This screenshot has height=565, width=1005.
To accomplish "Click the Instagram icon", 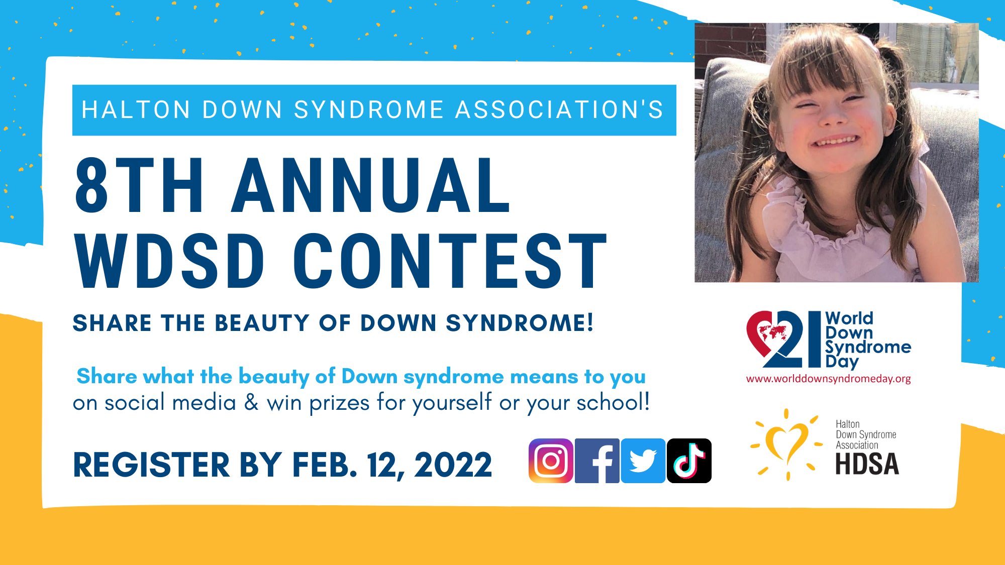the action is [x=551, y=461].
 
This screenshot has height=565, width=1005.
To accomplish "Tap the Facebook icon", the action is [x=597, y=461].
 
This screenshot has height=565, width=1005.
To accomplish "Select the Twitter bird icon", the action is [x=643, y=461].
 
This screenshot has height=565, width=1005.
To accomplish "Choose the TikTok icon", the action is [x=689, y=461].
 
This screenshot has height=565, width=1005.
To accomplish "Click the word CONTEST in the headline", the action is [x=450, y=261].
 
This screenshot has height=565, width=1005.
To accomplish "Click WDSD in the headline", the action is [x=170, y=261].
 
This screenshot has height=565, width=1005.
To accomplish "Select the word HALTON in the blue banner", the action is [x=136, y=110].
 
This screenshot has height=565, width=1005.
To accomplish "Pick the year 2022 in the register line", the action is [x=453, y=465].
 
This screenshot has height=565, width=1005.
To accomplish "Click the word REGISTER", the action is [x=151, y=465].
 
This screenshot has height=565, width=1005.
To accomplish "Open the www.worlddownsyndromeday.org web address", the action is [x=829, y=379].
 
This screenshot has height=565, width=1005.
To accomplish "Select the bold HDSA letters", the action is [x=867, y=464].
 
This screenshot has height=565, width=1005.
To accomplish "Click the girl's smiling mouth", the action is [x=835, y=141].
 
